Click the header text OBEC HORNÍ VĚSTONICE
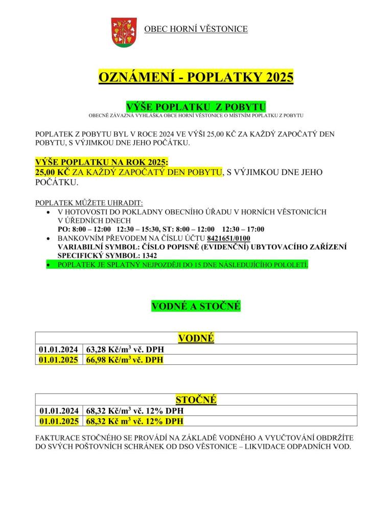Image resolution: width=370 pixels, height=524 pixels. (x=196, y=29)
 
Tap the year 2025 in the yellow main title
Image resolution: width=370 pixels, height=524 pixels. (x=276, y=77)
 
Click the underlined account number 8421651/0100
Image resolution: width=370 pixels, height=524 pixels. (x=229, y=238)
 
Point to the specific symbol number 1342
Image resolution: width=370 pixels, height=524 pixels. (x=148, y=255)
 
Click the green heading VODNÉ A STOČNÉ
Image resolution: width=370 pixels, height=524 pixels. (x=196, y=306)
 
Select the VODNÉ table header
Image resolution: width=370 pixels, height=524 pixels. (x=196, y=338)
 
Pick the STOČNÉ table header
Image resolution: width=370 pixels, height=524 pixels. (x=196, y=399)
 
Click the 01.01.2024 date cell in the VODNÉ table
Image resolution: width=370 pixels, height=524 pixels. (x=58, y=350)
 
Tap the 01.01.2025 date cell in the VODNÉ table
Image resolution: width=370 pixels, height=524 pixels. (x=58, y=360)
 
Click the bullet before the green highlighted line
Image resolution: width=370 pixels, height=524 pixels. (x=48, y=265)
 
